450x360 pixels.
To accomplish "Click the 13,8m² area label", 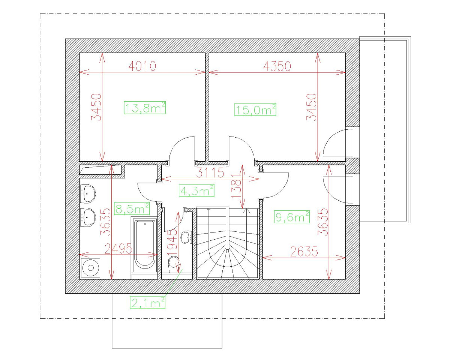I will click(145, 108).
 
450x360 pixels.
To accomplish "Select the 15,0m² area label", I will click(255, 109).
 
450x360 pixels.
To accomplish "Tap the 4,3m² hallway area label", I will click(197, 190).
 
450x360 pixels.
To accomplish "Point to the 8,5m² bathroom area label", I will click(132, 208).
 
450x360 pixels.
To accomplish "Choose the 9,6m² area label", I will click(292, 216).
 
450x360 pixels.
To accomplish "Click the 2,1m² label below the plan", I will click(147, 302).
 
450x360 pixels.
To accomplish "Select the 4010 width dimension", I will click(142, 66).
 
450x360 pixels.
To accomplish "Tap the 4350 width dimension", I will click(277, 66).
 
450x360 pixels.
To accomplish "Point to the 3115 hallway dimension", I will click(210, 173).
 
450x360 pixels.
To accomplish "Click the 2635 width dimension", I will click(304, 252).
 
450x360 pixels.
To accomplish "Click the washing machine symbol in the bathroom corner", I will click(90, 267).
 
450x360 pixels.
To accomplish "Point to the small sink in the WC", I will click(186, 237).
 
